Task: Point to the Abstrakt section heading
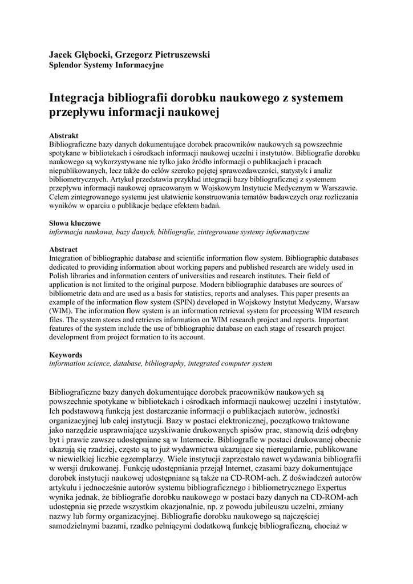[64, 136]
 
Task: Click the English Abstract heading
[63, 250]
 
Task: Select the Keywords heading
[66, 355]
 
